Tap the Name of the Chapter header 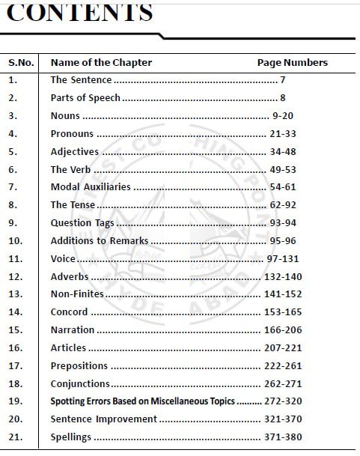pos(101,62)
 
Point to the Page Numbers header pos(292,62)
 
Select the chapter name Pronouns pos(72,134)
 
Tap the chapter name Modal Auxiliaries pos(90,187)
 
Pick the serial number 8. pos(13,204)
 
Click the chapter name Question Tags pos(82,222)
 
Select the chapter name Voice pos(63,258)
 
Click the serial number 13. pos(16,294)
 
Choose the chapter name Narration pos(72,330)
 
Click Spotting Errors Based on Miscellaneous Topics pos(142,401)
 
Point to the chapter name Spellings pos(70,437)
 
